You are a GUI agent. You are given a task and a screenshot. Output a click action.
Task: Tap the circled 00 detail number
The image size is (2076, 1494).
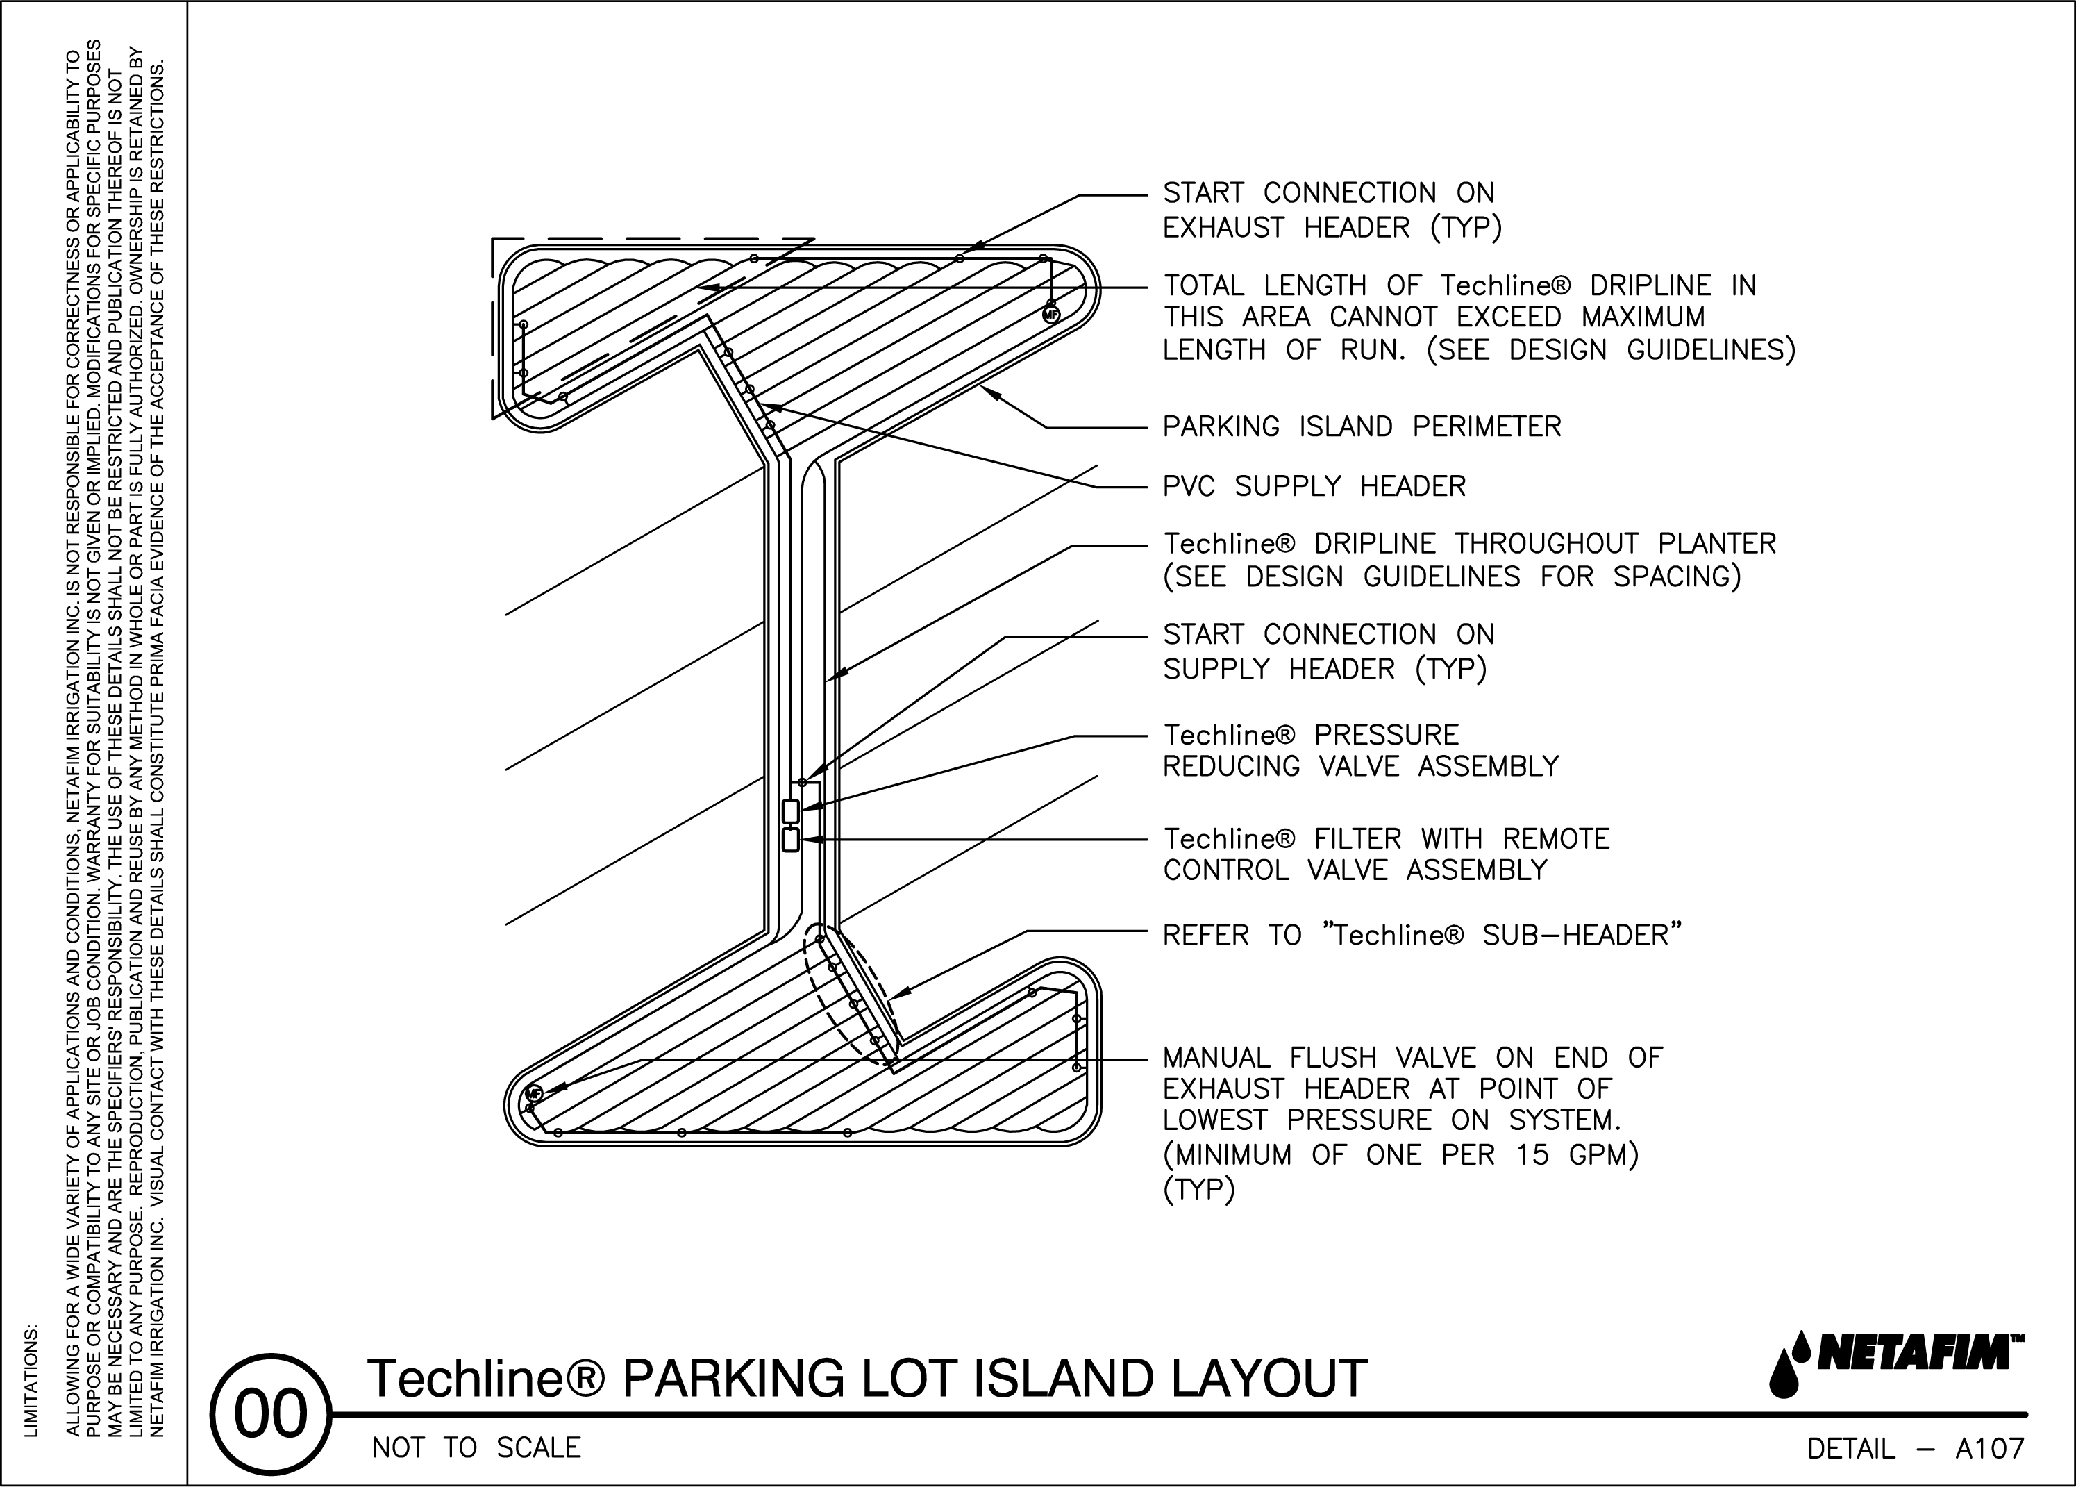click(271, 1414)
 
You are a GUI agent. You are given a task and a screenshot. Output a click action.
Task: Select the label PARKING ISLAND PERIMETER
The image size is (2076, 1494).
click(1361, 426)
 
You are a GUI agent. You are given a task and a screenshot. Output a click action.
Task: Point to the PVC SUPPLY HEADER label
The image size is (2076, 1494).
click(1314, 486)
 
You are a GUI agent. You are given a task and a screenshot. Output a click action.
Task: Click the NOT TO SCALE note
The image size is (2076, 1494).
click(476, 1448)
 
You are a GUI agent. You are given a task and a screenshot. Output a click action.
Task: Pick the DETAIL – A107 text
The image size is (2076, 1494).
click(1915, 1449)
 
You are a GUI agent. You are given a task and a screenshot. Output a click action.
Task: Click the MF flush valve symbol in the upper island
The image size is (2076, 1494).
click(1050, 315)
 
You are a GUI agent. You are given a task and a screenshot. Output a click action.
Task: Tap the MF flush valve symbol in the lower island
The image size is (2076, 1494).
click(533, 1094)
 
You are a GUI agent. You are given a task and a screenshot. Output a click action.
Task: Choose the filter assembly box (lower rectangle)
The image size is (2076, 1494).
click(791, 840)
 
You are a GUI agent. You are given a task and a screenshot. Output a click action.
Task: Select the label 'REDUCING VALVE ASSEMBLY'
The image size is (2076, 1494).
click(1360, 766)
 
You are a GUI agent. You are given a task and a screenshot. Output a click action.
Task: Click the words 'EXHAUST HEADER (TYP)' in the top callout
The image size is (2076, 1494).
click(1332, 227)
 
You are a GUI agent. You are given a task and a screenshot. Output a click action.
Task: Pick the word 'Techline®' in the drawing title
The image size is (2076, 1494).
click(486, 1378)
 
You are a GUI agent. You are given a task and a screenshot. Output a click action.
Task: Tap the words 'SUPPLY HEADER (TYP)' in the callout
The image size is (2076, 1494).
click(1325, 669)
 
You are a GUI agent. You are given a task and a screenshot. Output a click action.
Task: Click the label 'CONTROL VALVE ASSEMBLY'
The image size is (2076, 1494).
click(1355, 870)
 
